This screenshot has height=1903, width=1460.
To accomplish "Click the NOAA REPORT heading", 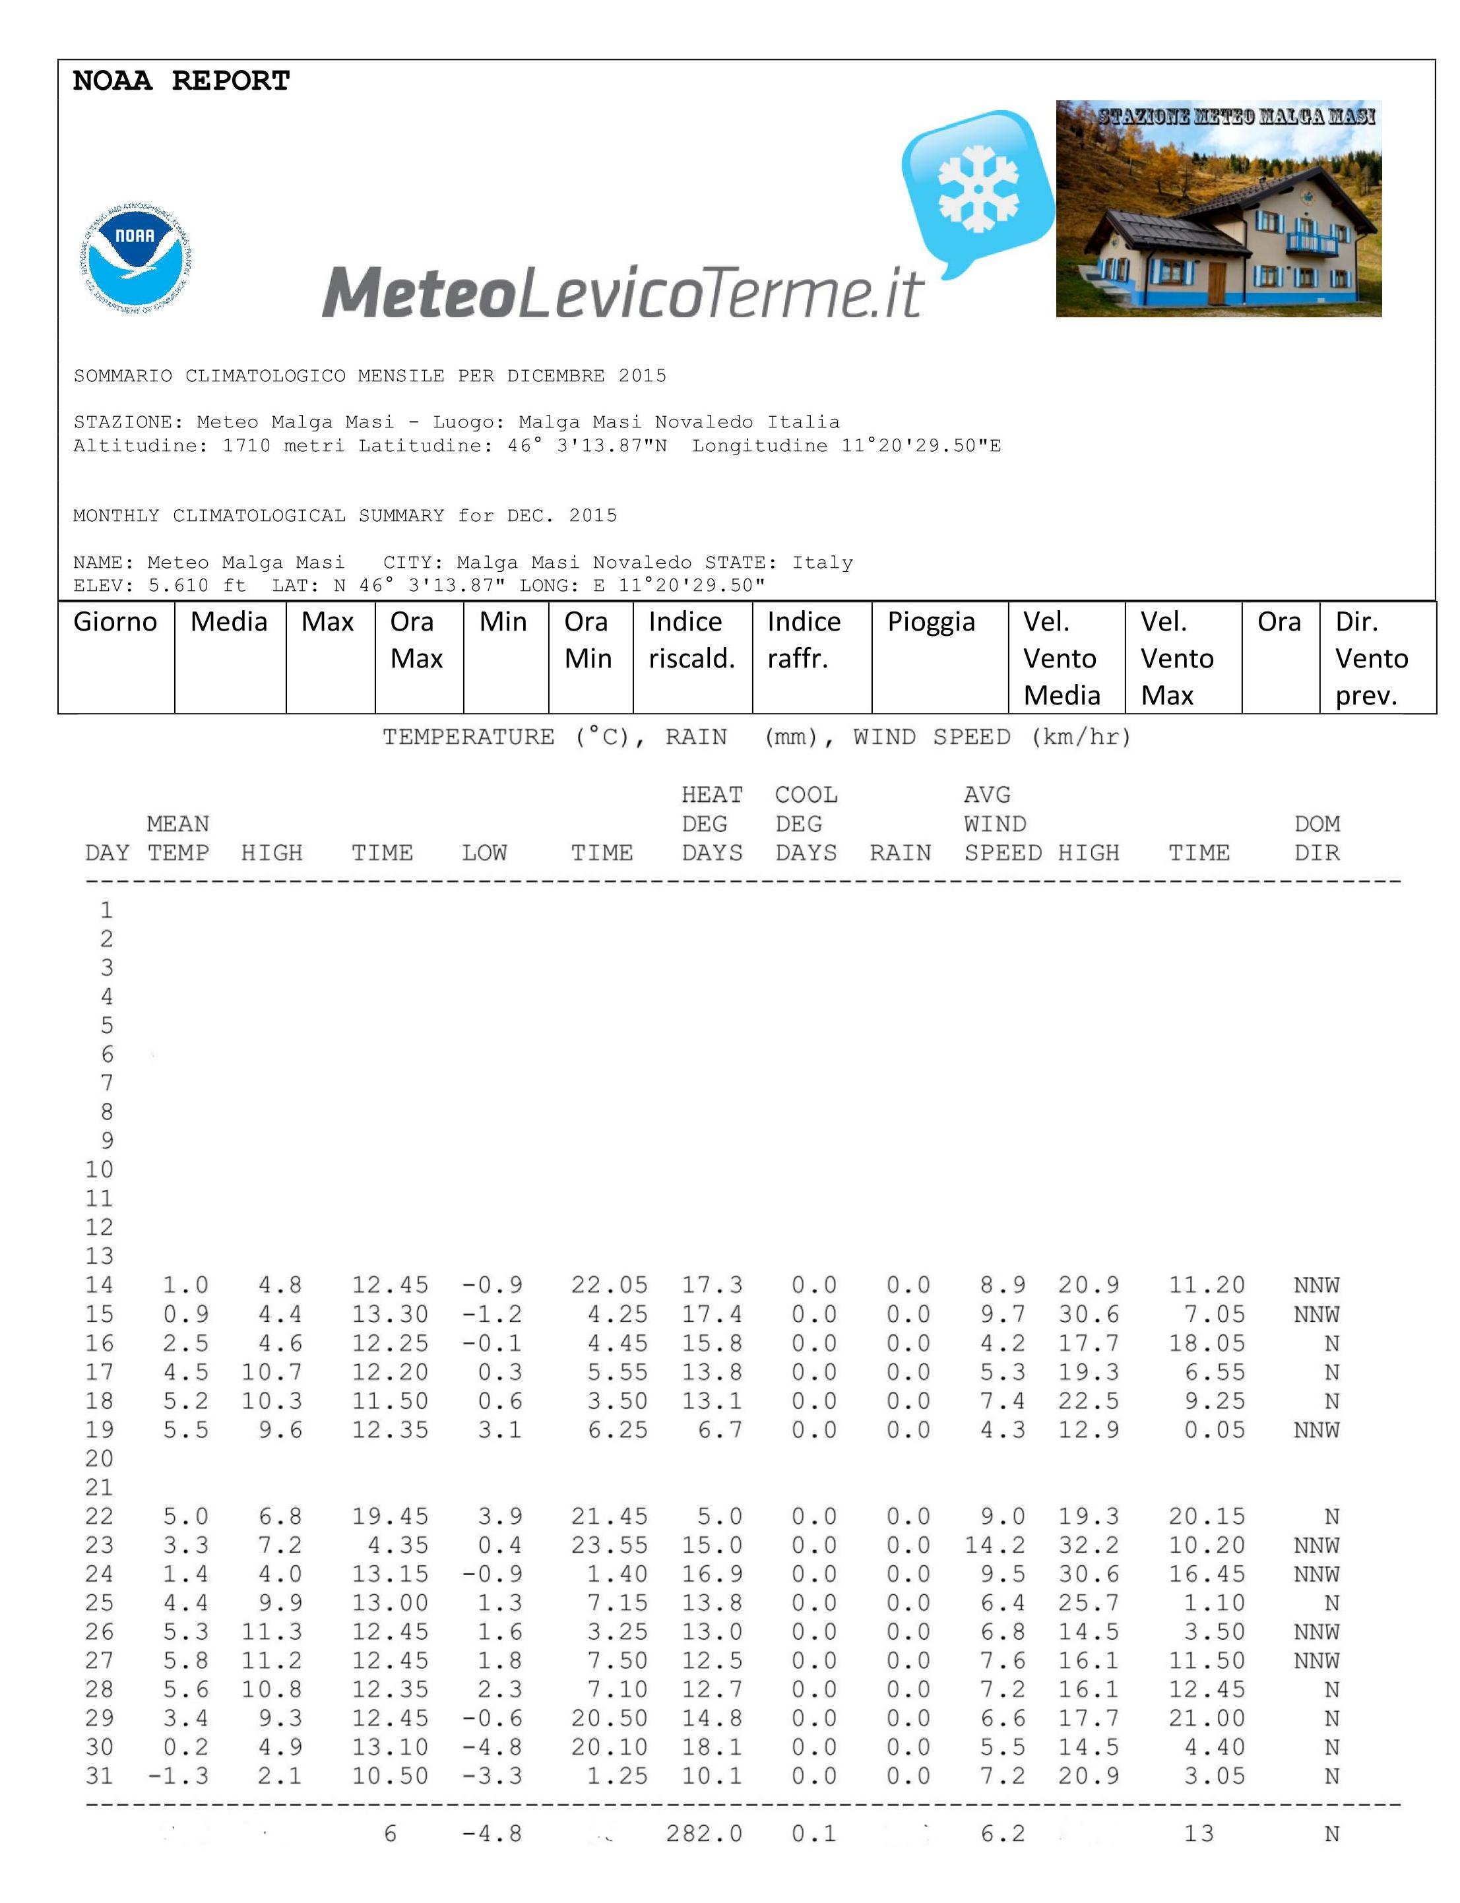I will click(181, 81).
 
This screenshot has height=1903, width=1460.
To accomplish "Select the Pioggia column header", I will click(931, 622).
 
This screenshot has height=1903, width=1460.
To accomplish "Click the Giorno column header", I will click(115, 622).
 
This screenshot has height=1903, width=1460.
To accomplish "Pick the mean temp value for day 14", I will click(185, 1285).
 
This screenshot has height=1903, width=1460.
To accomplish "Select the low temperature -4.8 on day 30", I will click(492, 1747).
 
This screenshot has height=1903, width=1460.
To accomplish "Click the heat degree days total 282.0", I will click(704, 1834).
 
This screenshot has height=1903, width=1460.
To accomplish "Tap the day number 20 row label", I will click(99, 1459).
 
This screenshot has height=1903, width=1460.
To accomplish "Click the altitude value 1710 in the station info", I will click(247, 447).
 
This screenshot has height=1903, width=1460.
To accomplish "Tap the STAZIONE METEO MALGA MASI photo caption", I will click(1236, 117).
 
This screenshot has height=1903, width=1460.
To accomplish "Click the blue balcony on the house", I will click(1312, 243).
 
